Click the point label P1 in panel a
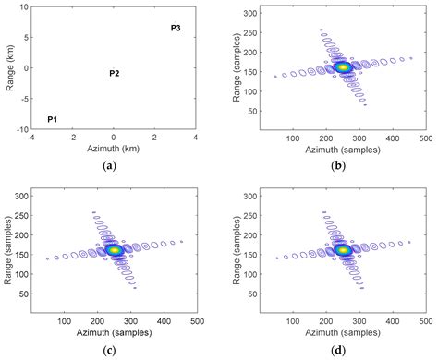click(53, 120)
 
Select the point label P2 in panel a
click(114, 73)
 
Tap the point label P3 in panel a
click(176, 29)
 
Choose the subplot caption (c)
click(113, 349)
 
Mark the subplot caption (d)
click(343, 349)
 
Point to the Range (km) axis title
click(8, 68)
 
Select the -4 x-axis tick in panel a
click(31, 138)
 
